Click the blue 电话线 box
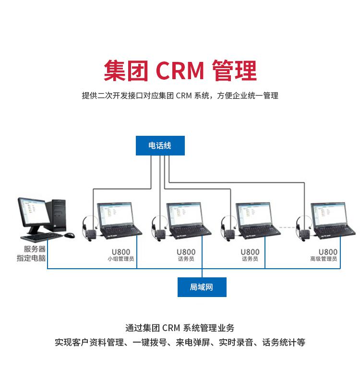(x=160, y=145)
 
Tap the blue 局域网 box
(x=202, y=287)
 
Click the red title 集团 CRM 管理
(x=180, y=71)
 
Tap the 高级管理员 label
(x=324, y=259)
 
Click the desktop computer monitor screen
(x=33, y=213)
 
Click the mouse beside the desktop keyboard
(x=70, y=235)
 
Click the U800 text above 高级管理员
(x=328, y=251)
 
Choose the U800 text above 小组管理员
(x=120, y=251)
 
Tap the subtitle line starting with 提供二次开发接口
(x=180, y=95)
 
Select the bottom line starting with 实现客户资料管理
(x=180, y=343)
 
